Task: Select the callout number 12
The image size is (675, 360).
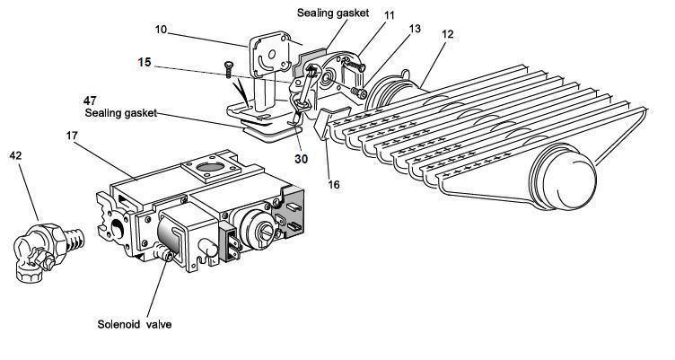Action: tap(448, 35)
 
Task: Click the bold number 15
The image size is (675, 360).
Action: tap(145, 65)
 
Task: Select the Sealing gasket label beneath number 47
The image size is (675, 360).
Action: tap(121, 114)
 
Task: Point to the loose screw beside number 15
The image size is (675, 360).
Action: tap(226, 65)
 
